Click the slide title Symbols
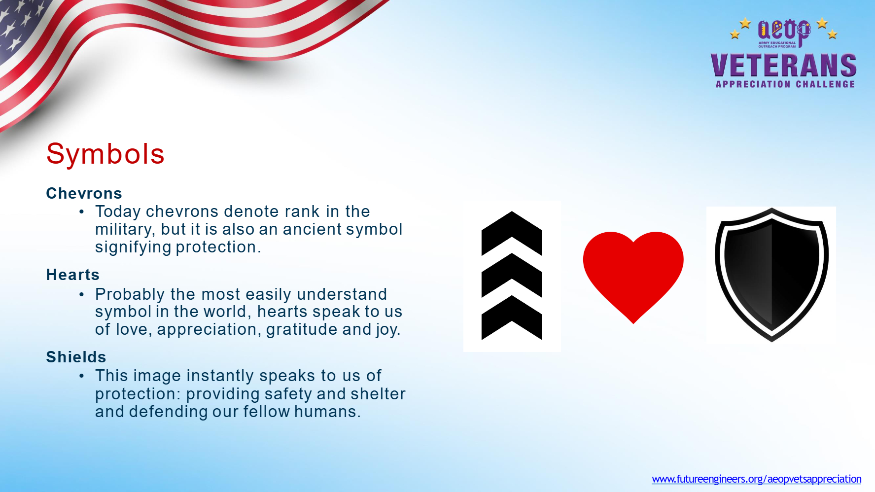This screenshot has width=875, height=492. [x=105, y=154]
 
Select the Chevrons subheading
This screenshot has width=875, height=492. [x=84, y=193]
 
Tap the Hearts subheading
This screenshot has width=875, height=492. [x=72, y=275]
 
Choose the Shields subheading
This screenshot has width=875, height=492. [x=76, y=357]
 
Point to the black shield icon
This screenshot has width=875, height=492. [x=771, y=274]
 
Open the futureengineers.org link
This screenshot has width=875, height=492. [x=756, y=479]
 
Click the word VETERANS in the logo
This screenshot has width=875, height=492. [x=784, y=66]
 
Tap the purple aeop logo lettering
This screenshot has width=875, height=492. [x=784, y=31]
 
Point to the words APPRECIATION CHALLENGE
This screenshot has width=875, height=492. [x=785, y=84]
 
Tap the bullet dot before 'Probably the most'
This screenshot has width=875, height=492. [x=82, y=295]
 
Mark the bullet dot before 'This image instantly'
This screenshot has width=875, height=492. [x=82, y=376]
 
